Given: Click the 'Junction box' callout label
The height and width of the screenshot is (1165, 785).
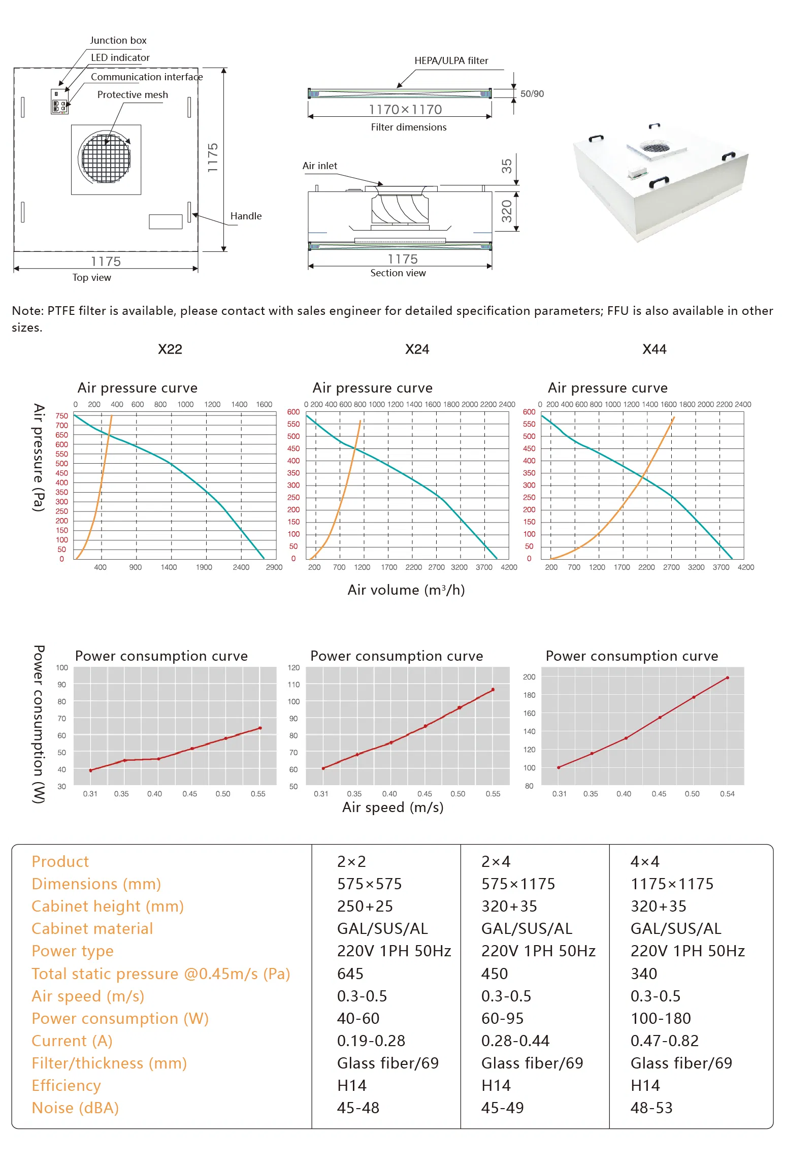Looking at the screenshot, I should (118, 40).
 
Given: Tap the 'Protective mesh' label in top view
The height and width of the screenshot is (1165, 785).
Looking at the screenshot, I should (132, 94).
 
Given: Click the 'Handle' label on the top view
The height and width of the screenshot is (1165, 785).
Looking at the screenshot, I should (246, 216).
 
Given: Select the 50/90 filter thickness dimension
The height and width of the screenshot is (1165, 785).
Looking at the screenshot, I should (532, 94).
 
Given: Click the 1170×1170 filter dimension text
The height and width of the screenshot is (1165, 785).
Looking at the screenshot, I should (405, 109).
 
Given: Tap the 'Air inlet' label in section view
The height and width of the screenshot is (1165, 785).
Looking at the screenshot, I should (319, 166).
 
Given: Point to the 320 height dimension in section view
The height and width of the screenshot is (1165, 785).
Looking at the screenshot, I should (507, 211).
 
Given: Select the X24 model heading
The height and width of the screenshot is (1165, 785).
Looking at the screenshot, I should (417, 349).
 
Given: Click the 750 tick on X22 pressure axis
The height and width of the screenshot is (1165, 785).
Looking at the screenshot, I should (61, 416).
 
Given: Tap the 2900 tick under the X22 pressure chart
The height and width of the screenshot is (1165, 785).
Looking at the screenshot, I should (274, 567).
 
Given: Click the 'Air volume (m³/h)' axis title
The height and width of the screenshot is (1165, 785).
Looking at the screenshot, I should (406, 590).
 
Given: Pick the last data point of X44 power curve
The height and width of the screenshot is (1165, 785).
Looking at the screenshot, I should (727, 678).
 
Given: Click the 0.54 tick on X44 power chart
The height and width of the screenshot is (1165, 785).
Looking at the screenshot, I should (727, 794).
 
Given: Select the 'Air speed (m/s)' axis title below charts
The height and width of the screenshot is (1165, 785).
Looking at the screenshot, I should (392, 807).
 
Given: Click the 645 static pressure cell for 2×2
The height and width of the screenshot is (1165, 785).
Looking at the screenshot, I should (350, 974).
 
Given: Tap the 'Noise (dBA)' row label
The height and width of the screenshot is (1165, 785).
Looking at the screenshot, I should (75, 1108).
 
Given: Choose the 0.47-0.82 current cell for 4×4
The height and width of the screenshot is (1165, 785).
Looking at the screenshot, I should (664, 1041).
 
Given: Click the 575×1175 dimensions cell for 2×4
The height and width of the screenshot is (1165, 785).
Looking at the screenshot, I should (518, 884).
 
